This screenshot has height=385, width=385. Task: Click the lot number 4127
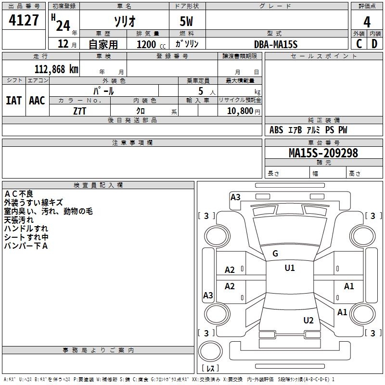pos(24,20)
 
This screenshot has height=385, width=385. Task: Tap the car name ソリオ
pos(125,22)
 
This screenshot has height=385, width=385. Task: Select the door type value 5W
pos(186,21)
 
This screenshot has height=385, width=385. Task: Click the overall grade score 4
pos(367,22)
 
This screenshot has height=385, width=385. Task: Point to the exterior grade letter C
pos(359,44)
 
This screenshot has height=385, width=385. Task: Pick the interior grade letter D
pos(374,44)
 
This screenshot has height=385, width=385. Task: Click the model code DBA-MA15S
pos(276,44)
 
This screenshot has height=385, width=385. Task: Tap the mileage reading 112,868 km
pos(56,69)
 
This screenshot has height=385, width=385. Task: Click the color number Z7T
pos(79,111)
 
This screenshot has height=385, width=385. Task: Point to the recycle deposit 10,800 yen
pos(244,111)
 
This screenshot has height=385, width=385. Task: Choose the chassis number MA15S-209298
pos(323,153)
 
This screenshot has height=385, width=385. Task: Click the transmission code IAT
pos(14,101)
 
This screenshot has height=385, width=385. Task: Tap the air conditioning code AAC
pos(37,101)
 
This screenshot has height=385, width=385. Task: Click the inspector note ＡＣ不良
pos(19,194)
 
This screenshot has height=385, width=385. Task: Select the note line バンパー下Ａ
pos(26,246)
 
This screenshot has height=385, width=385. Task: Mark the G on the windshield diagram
pos(275,254)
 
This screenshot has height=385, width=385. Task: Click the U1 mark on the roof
pos(290,268)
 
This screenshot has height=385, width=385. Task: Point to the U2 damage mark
pos(308,321)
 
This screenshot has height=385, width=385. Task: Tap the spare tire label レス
pos(210,368)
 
